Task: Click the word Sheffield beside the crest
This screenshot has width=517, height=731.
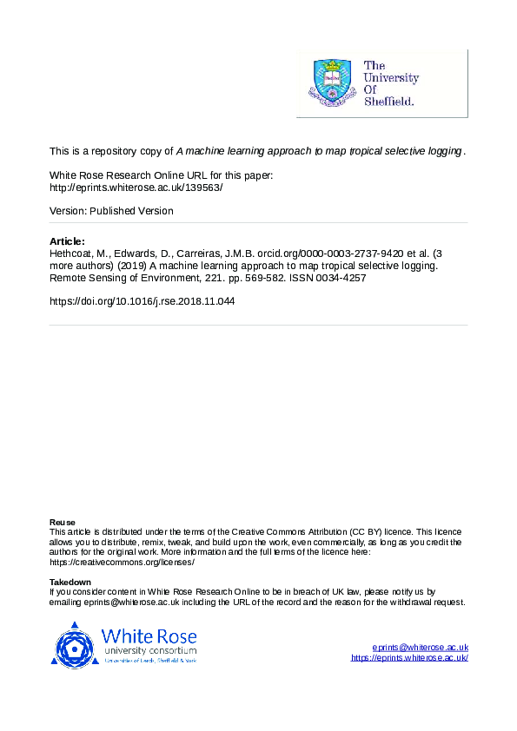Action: [388, 101]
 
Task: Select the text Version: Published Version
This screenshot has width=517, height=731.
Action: [111, 211]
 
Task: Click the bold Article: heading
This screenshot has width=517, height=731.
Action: [67, 240]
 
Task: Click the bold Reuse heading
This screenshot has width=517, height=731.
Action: [63, 522]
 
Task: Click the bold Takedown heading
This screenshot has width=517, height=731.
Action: [70, 583]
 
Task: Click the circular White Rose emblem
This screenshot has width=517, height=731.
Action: [74, 646]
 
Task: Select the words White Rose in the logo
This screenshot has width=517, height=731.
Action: [149, 635]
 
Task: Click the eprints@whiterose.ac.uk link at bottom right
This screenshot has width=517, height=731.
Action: [421, 647]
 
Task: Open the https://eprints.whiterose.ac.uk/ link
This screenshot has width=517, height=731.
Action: [409, 658]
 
